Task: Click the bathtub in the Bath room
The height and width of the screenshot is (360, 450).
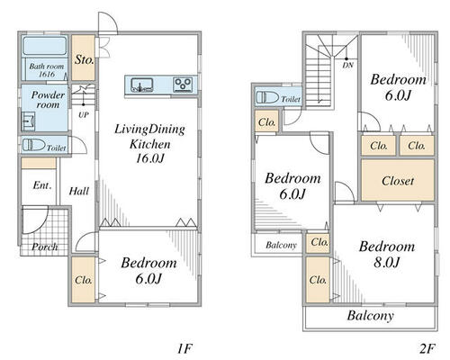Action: [45, 46]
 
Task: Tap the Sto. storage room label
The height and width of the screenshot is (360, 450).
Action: [85, 59]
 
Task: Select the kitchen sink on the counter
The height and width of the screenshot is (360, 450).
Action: [142, 85]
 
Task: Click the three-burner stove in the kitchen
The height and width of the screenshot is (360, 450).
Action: [183, 85]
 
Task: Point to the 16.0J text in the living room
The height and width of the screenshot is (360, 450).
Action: [150, 158]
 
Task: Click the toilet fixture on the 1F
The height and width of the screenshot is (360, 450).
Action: [34, 145]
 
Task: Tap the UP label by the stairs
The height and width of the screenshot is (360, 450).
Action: [84, 115]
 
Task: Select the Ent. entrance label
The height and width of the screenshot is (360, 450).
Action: [42, 185]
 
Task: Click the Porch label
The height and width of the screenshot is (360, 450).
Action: [45, 247]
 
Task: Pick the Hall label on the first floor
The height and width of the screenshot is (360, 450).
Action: [79, 191]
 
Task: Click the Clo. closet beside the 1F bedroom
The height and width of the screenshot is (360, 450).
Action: [84, 280]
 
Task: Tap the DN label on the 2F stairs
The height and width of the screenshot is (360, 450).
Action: [348, 65]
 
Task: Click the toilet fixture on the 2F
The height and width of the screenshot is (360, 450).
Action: [267, 98]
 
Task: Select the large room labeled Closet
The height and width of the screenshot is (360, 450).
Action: [398, 180]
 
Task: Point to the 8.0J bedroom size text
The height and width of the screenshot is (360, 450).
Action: [387, 262]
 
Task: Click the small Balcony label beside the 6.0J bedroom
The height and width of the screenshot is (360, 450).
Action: [281, 245]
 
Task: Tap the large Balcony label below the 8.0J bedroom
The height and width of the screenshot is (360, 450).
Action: [371, 316]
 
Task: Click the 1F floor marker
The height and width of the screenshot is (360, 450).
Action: [184, 348]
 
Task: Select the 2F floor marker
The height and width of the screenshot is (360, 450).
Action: [427, 348]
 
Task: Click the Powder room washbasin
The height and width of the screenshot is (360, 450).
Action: [28, 121]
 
